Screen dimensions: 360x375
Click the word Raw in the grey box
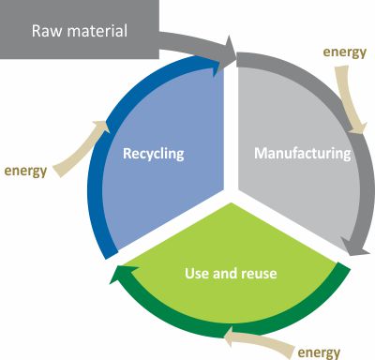47,31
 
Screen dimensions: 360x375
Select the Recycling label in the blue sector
156,152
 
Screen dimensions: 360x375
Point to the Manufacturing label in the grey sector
302,152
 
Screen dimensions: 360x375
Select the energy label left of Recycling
26,172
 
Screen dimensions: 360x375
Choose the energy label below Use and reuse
319,352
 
